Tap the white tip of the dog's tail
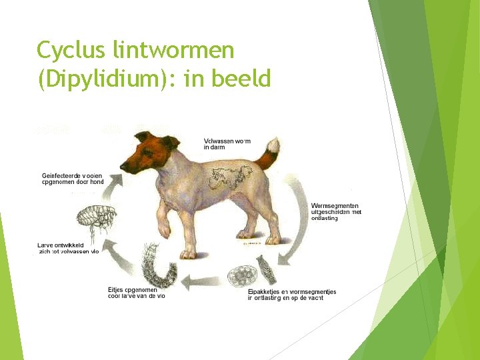tap(271, 145)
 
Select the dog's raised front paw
tap(164, 231)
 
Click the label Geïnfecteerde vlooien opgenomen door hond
tap(73, 179)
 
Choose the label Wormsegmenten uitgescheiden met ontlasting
tap(336, 211)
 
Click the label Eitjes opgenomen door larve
tap(136, 293)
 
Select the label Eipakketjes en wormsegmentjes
tap(291, 295)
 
